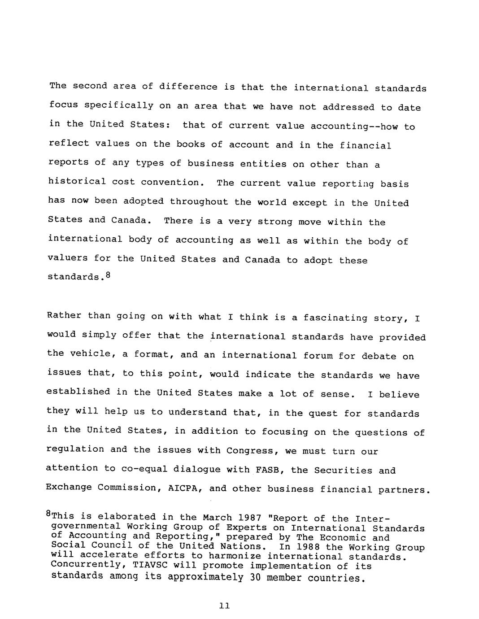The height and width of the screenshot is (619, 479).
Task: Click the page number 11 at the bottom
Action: click(x=225, y=606)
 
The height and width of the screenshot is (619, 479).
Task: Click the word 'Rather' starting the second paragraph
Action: click(x=64, y=315)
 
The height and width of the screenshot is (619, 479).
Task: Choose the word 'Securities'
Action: click(x=343, y=471)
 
